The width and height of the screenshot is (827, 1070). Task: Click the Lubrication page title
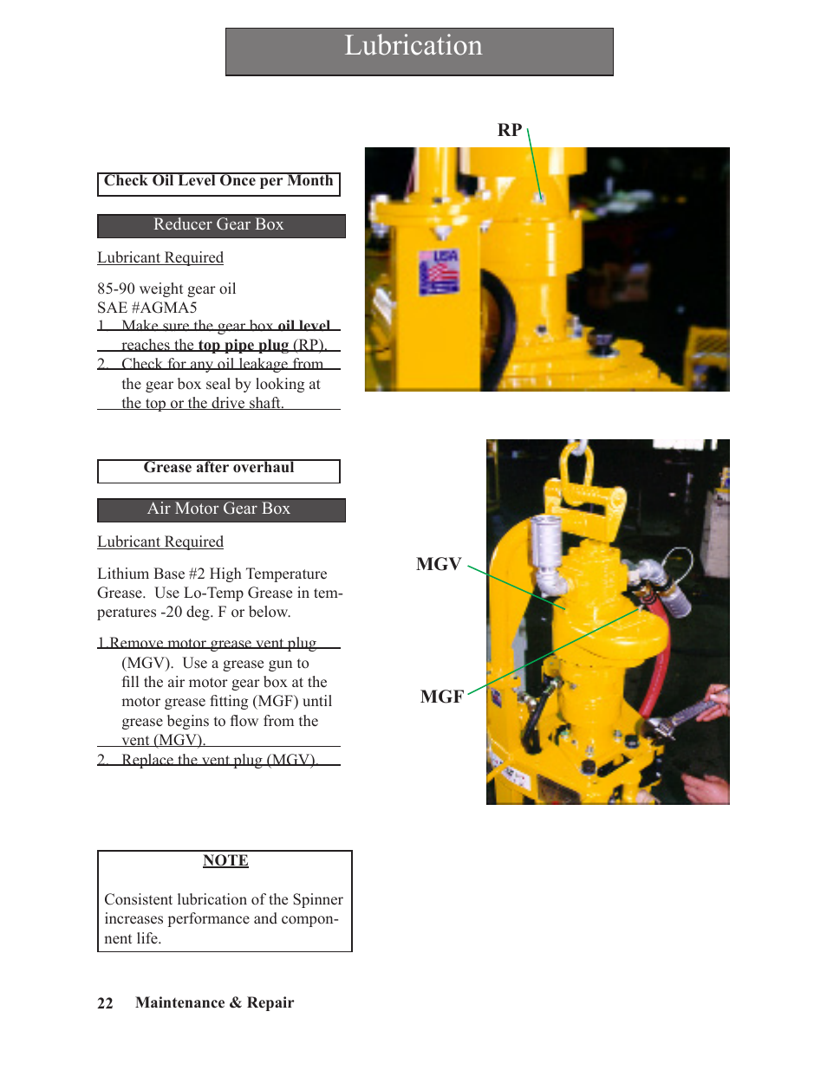[x=413, y=46]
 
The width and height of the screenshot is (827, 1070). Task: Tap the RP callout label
[x=509, y=131]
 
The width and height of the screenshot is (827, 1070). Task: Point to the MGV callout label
[x=439, y=564]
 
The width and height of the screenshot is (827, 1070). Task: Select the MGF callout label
[x=441, y=697]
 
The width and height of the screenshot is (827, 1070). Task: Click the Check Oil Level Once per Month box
[x=218, y=182]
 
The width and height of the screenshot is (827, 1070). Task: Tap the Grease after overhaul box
[x=218, y=469]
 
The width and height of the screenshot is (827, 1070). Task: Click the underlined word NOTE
[x=225, y=860]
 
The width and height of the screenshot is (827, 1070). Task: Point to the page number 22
[x=105, y=1003]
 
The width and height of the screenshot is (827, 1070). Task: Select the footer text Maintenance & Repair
[x=214, y=1003]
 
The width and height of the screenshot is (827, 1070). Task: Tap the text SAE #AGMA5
[x=147, y=308]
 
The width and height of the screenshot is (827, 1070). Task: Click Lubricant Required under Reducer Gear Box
[x=160, y=258]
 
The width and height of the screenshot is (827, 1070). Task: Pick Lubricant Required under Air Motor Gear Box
[x=160, y=542]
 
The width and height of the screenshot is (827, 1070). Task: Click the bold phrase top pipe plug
[x=243, y=345]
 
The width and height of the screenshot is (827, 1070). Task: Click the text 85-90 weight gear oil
[x=166, y=289]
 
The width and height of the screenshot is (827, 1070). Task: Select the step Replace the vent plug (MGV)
[x=218, y=760]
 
